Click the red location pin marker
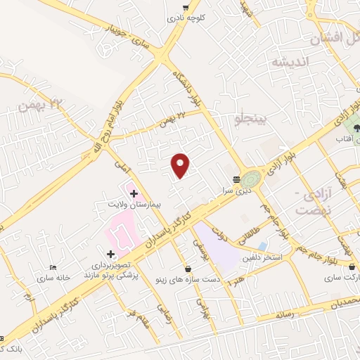[181, 165]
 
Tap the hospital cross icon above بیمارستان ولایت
[134, 192]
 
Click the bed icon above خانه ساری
[53, 267]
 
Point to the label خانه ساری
[55, 277]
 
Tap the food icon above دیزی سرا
[236, 179]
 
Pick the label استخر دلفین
[262, 258]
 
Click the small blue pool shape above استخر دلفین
[262, 247]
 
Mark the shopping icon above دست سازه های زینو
[188, 269]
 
